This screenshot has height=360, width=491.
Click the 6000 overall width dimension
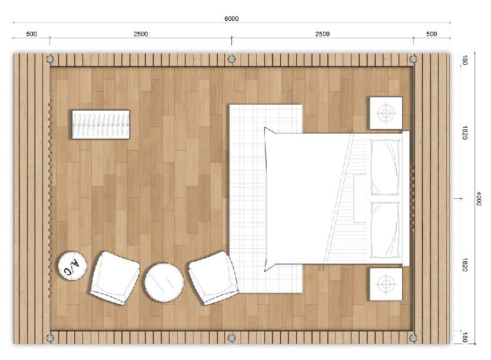point(231,19)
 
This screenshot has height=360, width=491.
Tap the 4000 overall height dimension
point(479,199)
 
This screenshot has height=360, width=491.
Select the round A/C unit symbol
point(72,266)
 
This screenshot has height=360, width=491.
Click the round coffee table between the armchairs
point(164,282)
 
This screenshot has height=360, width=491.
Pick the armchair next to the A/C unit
point(115,278)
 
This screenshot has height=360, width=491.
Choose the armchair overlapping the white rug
point(214,278)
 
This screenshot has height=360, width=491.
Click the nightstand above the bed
point(386,113)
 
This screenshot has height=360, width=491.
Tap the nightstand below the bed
point(386,284)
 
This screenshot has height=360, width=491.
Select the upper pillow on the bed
point(385,167)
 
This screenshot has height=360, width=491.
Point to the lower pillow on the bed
point(385,230)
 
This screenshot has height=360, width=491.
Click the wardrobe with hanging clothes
point(101,124)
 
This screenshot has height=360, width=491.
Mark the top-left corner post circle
point(49,59)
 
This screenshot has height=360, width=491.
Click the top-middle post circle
point(231,59)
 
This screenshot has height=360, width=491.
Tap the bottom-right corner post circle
point(413,338)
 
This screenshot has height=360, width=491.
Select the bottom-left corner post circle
point(49,338)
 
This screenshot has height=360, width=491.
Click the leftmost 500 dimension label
point(31,34)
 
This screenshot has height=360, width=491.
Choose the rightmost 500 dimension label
point(432,34)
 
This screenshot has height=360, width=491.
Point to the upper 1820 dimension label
point(465,132)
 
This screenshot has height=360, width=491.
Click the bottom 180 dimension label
point(465,338)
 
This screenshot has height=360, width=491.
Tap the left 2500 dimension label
point(141,34)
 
